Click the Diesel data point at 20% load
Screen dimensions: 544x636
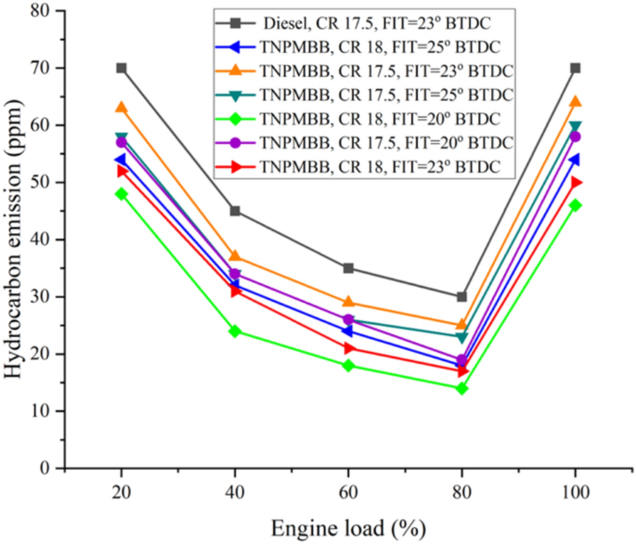point(122,68)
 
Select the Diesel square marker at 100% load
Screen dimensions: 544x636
point(576,68)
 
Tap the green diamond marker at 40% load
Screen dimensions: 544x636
point(235,331)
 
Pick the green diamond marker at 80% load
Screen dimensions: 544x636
point(462,388)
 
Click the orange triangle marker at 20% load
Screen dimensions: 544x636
point(122,108)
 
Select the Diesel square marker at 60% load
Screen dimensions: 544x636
point(348,268)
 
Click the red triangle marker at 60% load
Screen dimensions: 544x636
point(348,348)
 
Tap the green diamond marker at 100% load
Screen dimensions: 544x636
point(576,205)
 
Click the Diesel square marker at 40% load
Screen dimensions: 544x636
point(235,211)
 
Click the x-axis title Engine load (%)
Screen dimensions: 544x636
point(348,528)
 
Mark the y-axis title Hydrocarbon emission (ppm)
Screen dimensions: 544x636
point(14,240)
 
